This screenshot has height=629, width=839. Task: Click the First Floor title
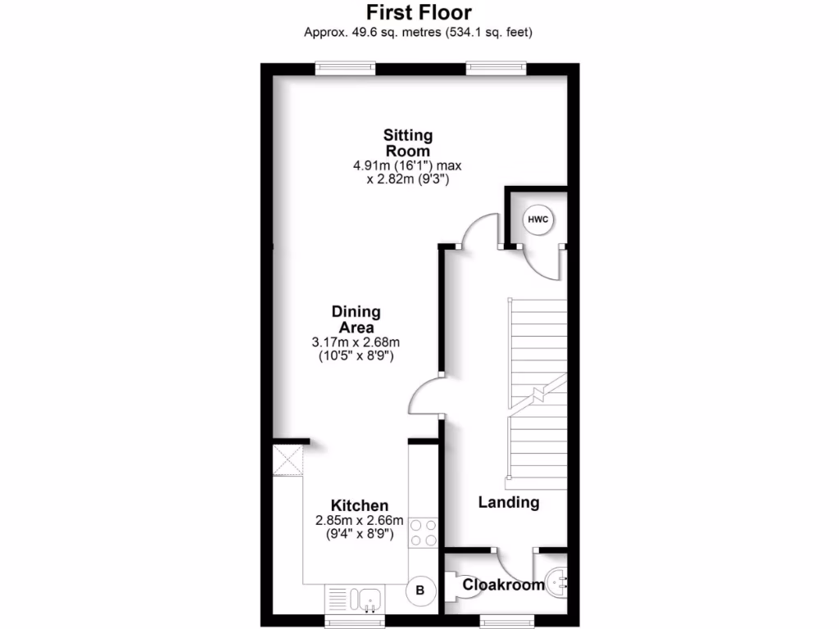(x=419, y=13)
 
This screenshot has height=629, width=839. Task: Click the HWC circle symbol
(x=537, y=219)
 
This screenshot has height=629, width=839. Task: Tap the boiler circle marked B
(x=421, y=590)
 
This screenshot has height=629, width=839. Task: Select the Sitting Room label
(x=408, y=143)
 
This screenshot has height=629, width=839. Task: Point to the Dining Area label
(x=356, y=319)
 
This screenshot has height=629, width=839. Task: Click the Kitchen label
(x=359, y=505)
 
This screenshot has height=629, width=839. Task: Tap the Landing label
(x=509, y=502)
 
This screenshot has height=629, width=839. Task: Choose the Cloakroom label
(x=503, y=585)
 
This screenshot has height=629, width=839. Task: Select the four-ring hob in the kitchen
(x=424, y=532)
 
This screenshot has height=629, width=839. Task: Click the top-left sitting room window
(x=345, y=69)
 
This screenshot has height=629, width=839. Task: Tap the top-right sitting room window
(x=496, y=69)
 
